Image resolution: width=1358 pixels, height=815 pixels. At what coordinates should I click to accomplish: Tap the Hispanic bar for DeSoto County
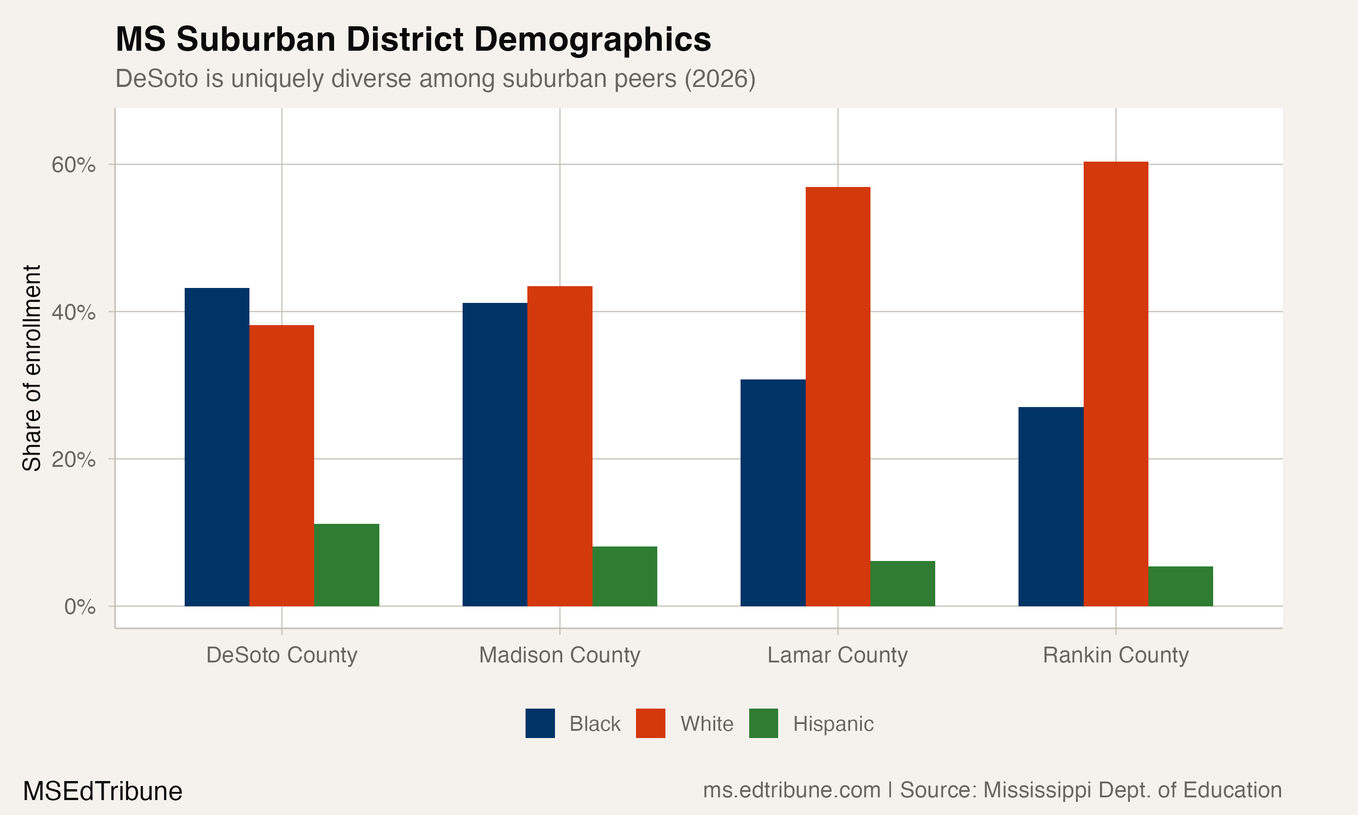click(x=346, y=565)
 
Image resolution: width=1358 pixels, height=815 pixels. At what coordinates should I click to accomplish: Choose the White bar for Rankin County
click(x=1115, y=384)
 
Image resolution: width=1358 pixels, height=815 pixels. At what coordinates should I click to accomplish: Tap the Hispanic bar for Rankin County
click(x=1180, y=586)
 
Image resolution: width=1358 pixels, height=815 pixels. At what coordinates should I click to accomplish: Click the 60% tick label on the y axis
click(x=73, y=165)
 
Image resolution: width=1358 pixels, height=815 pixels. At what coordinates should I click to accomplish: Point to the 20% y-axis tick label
click(x=73, y=459)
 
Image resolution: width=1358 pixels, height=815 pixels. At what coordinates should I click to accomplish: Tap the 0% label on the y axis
click(x=80, y=607)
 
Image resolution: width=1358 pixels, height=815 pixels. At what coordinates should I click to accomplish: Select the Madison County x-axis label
click(x=559, y=655)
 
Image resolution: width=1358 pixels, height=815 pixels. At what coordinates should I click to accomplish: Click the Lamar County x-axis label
click(x=837, y=655)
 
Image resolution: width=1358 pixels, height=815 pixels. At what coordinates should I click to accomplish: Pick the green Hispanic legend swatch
click(x=763, y=723)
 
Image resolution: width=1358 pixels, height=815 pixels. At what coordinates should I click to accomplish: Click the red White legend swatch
click(x=650, y=723)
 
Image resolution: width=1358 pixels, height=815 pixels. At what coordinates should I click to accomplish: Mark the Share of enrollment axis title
click(x=32, y=368)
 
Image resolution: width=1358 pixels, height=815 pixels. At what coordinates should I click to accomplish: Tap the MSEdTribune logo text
click(x=103, y=791)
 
